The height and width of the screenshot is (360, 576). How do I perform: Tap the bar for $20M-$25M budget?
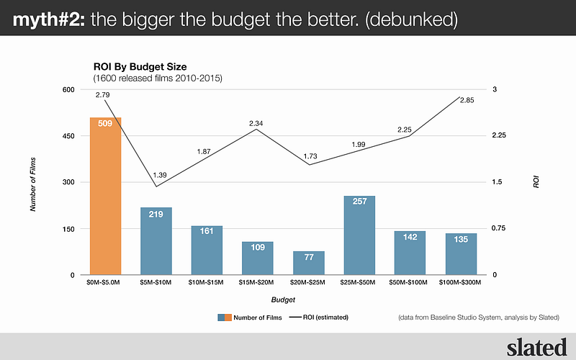point(309,263)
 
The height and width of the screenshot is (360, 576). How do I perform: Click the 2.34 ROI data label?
point(256,124)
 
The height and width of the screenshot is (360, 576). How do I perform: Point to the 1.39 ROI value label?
point(161,175)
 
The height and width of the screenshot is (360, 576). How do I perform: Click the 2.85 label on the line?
point(467,100)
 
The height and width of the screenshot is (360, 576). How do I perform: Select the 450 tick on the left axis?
point(68,136)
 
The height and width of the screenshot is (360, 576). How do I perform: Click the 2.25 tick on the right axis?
point(499,136)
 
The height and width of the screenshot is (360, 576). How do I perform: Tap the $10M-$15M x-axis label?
point(207,283)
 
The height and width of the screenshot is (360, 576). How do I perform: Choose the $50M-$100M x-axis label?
point(410,283)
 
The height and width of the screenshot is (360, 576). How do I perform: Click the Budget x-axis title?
point(283,299)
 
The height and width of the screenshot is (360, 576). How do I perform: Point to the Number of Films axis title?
point(33,183)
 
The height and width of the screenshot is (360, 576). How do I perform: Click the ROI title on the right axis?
point(536,183)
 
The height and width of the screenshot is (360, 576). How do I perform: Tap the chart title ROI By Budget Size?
point(140,66)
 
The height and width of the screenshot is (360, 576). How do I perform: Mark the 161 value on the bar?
point(207,232)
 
